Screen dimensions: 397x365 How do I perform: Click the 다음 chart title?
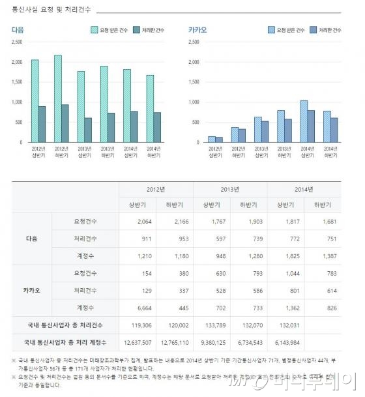[x=18, y=30]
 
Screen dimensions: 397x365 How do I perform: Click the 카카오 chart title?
[x=197, y=30]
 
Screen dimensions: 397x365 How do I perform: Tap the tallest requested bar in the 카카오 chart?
[x=304, y=121]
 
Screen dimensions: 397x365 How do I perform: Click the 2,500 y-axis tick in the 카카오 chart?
[x=193, y=42]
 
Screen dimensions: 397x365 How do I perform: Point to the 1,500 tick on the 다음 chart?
[x=17, y=82]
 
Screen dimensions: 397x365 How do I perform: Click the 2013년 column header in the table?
[x=230, y=189]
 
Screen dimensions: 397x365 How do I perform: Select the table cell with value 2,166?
[x=175, y=222]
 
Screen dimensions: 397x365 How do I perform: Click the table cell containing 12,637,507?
[x=138, y=341]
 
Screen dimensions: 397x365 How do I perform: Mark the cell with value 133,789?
[x=212, y=324]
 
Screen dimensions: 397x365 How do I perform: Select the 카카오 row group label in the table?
[x=33, y=289]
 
